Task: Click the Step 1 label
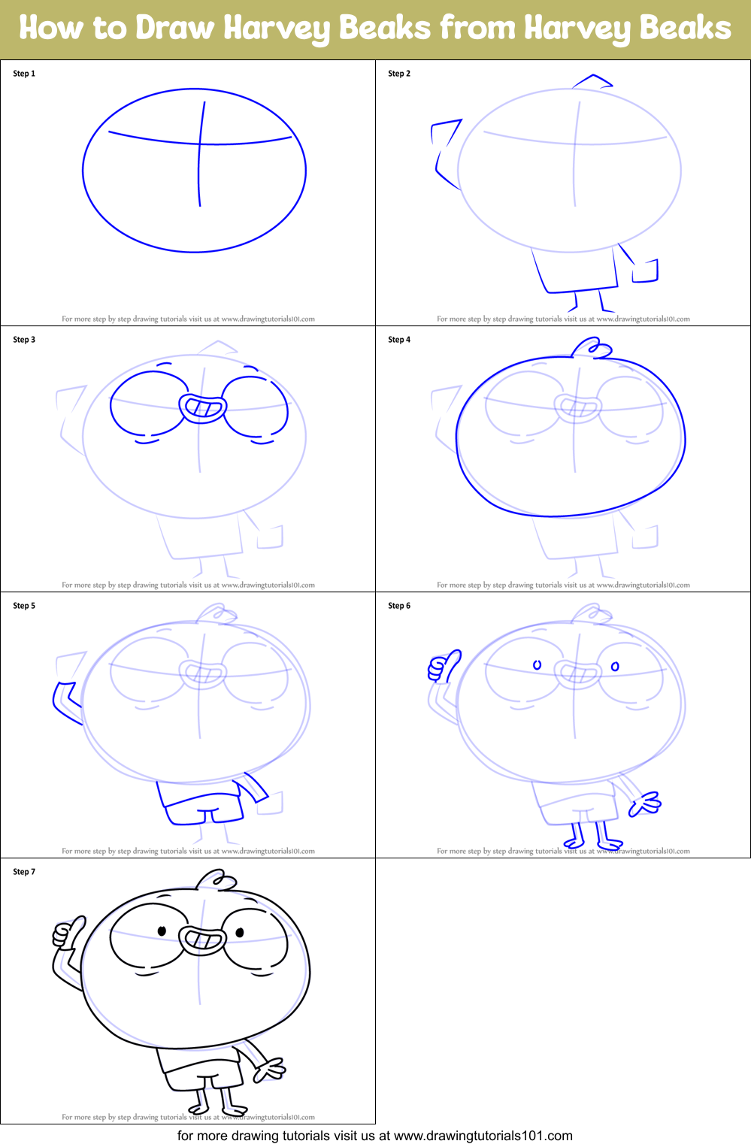(24, 74)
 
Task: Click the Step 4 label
(399, 340)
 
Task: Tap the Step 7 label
(24, 872)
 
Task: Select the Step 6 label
(399, 606)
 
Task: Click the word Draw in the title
(175, 29)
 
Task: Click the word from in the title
(477, 29)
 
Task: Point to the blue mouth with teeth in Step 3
(202, 407)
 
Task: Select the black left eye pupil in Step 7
(162, 931)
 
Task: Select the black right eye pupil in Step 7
(240, 933)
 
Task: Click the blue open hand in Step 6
(645, 804)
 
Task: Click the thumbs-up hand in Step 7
(67, 933)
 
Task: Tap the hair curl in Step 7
(216, 879)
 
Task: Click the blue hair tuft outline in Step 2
(592, 80)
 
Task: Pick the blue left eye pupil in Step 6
(537, 665)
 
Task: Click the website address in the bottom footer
(483, 1136)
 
